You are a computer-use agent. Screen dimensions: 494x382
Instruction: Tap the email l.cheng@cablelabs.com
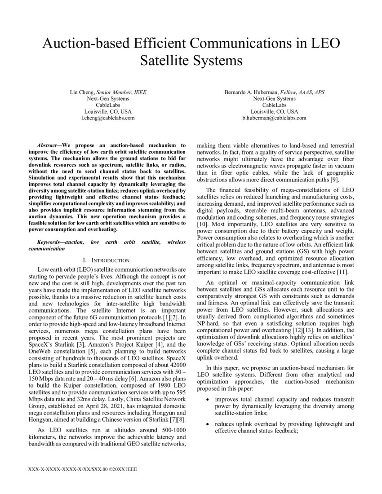(108, 118)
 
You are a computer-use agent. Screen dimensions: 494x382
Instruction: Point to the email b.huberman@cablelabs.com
(274, 118)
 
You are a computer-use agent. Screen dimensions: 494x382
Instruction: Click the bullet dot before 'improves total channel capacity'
(207, 399)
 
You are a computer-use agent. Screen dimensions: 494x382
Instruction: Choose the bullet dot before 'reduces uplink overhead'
(207, 424)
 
